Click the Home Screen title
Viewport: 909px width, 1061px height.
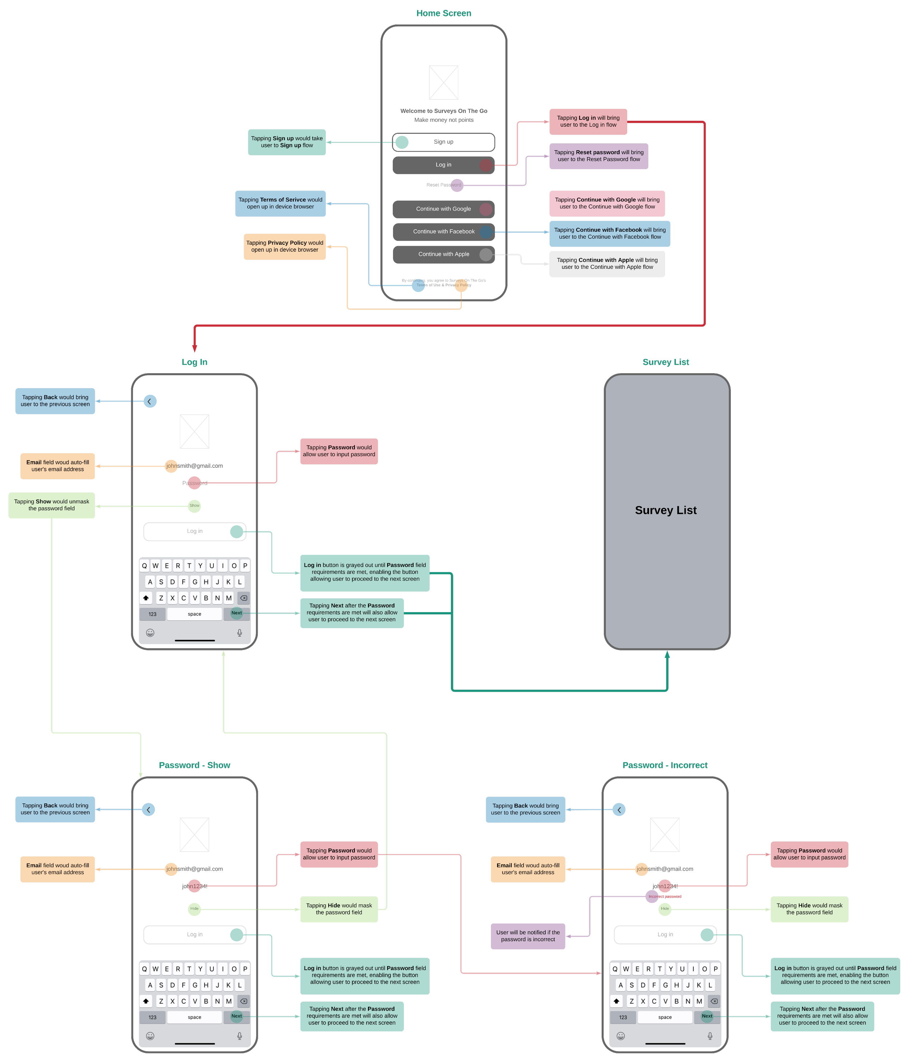[x=443, y=13]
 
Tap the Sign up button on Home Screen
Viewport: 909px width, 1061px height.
[x=443, y=142]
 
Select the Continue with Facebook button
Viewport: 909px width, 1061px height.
[x=443, y=231]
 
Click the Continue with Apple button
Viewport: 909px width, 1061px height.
[x=443, y=254]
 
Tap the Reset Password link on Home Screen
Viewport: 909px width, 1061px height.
[x=443, y=185]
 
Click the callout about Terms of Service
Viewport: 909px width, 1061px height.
[x=280, y=203]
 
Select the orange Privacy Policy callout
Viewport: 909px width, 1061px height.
[x=285, y=246]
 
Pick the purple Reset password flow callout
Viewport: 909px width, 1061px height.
[x=598, y=156]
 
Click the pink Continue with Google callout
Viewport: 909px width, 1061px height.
[x=606, y=203]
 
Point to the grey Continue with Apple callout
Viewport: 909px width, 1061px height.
[x=606, y=264]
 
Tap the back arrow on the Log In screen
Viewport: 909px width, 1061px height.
[x=149, y=402]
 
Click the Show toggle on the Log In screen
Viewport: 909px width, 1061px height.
[x=195, y=506]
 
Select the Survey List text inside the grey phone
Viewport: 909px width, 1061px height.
[x=665, y=510]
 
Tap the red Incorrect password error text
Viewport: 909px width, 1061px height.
[x=665, y=896]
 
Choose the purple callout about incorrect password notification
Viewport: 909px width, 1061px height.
[x=528, y=936]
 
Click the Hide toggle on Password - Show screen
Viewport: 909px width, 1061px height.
[x=195, y=908]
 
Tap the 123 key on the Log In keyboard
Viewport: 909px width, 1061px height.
[x=152, y=614]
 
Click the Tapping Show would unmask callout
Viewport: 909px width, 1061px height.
[x=52, y=505]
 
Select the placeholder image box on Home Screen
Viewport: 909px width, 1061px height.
[x=443, y=83]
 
